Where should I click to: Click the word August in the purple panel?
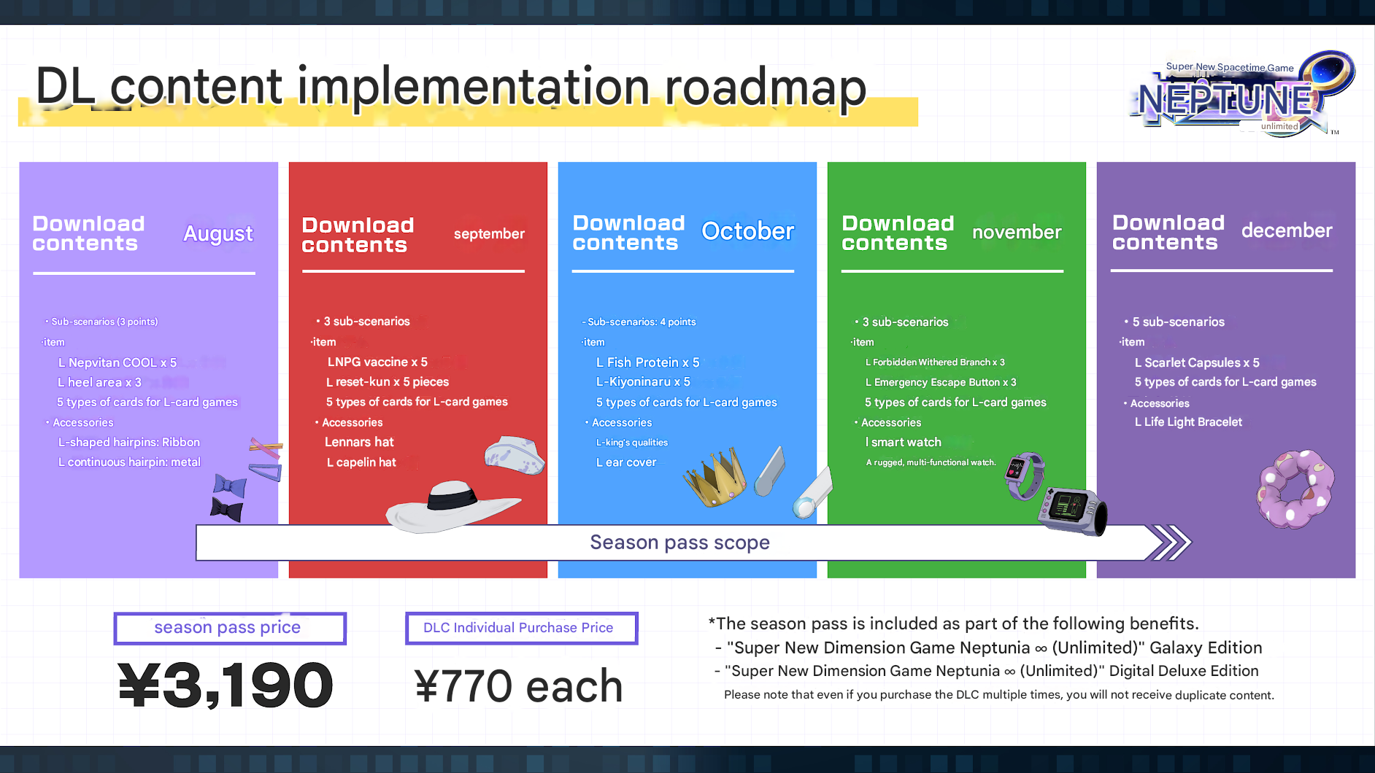[x=218, y=233]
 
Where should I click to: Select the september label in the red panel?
[x=489, y=234]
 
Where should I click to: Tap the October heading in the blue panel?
[x=747, y=231]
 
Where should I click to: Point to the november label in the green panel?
[x=1017, y=232]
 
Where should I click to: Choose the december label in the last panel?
[x=1287, y=230]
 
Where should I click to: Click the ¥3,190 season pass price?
[x=226, y=685]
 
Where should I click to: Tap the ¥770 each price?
[x=518, y=686]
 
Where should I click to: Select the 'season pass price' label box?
[x=230, y=628]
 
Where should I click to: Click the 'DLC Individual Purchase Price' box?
[x=521, y=628]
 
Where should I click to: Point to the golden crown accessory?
[x=715, y=478]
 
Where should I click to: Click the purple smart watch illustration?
[x=1025, y=475]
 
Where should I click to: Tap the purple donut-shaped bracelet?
[x=1295, y=489]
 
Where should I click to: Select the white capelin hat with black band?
[x=452, y=505]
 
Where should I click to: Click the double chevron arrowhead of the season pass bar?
[x=1169, y=543]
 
